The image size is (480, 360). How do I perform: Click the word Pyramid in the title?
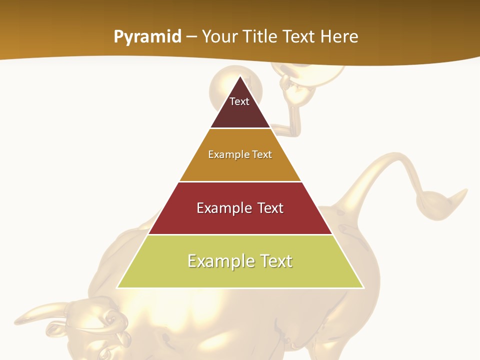coord(147,37)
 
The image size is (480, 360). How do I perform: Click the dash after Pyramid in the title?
coord(191,37)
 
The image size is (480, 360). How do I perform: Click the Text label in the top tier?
coord(239,101)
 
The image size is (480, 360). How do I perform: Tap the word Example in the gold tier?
coord(224,154)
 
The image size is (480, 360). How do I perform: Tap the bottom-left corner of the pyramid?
coord(117,287)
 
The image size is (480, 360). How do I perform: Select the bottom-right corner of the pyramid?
coord(363,287)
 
